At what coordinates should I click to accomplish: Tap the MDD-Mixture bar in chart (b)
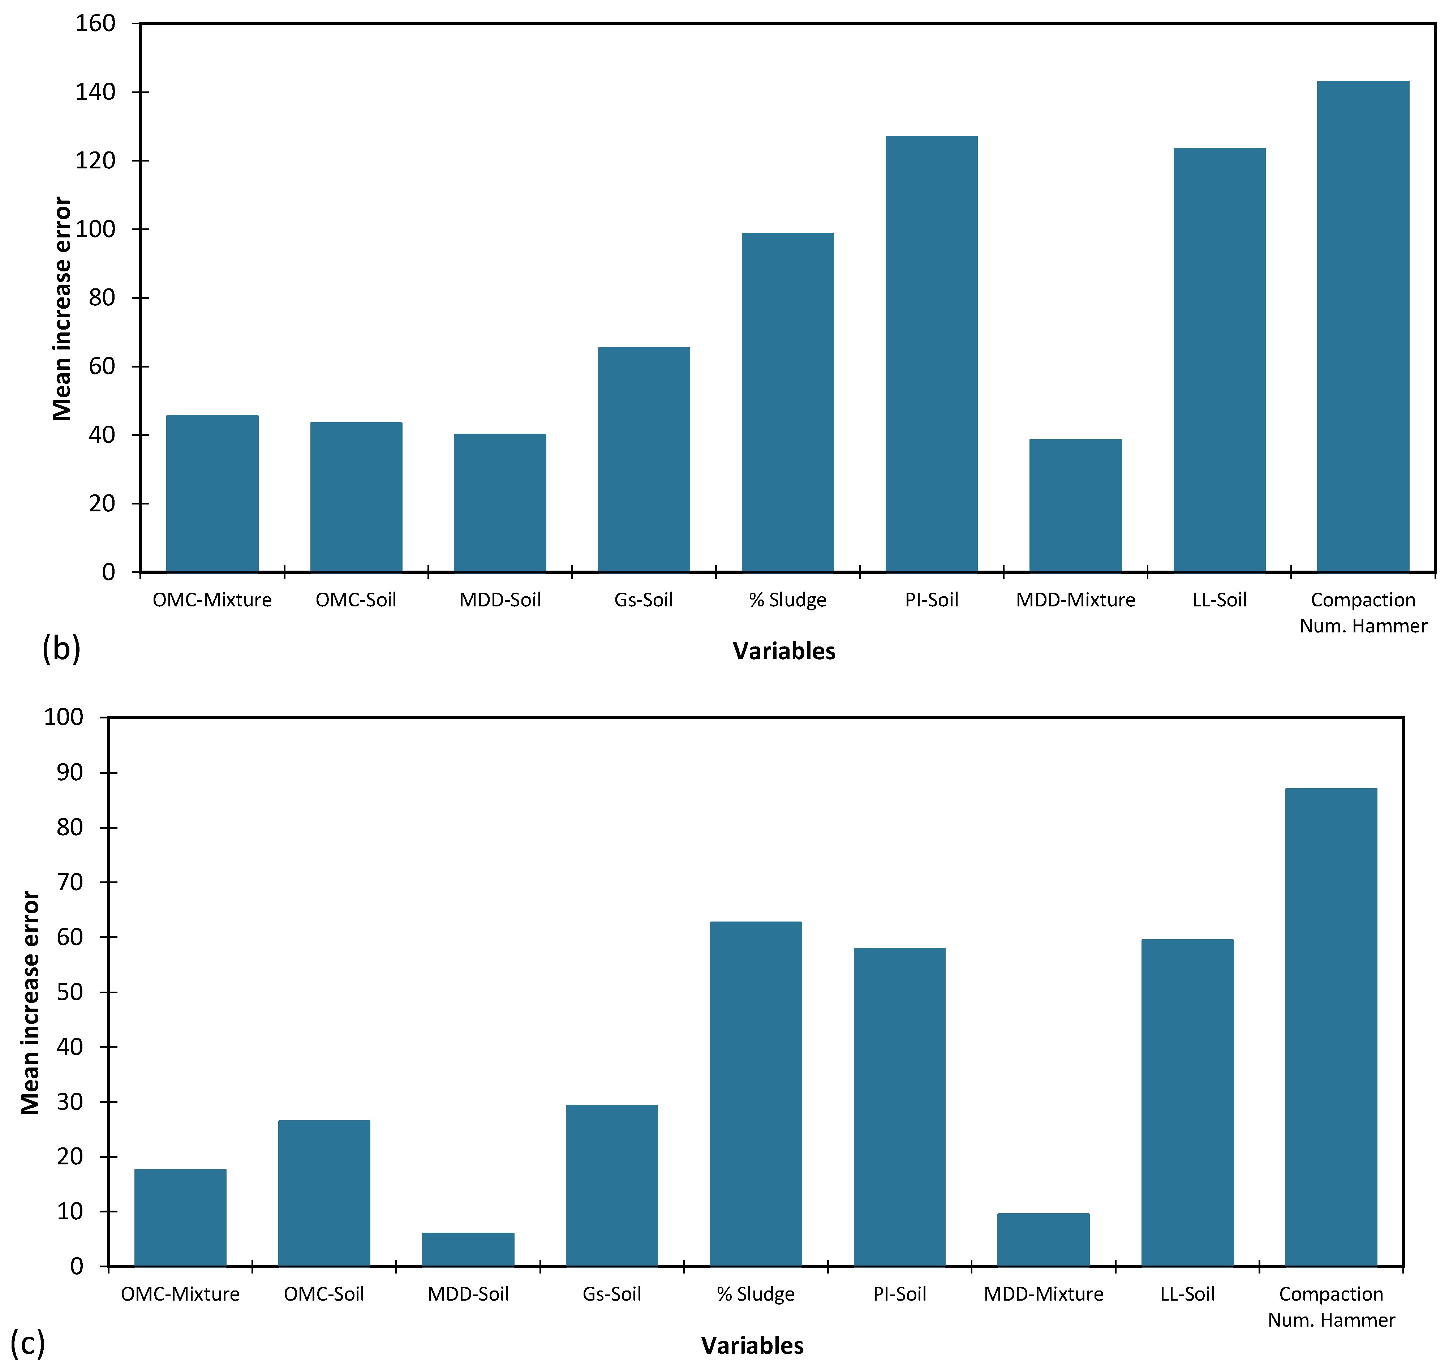pos(1075,505)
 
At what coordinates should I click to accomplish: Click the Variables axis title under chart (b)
pos(784,651)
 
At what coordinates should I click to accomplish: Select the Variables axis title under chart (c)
pos(752,1345)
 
